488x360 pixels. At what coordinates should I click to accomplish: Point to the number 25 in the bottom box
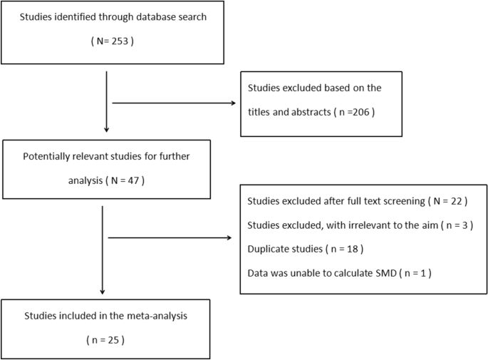pyautogui.click(x=108, y=340)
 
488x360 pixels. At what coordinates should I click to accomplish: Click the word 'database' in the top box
pyautogui.click(x=150, y=17)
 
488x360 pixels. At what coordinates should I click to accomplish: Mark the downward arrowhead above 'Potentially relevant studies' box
pyautogui.click(x=106, y=130)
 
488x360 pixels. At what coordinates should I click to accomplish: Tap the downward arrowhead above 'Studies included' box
pyautogui.click(x=103, y=292)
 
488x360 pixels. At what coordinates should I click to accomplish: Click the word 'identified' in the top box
pyautogui.click(x=79, y=17)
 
